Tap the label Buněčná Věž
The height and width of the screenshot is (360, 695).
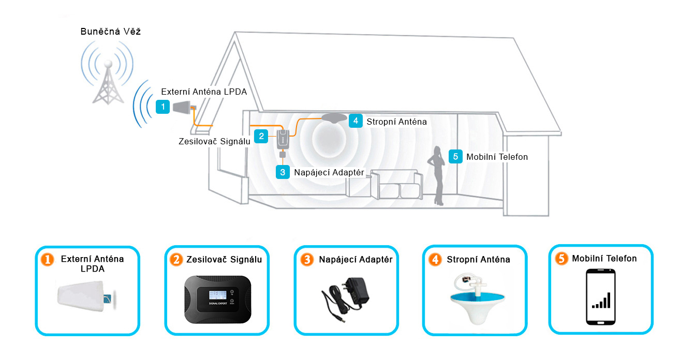[111, 32]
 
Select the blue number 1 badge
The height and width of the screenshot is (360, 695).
[163, 107]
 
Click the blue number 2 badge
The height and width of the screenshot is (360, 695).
[262, 136]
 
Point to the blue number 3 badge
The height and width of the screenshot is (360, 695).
[282, 172]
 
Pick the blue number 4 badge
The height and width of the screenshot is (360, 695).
[355, 121]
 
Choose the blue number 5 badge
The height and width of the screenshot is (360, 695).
[455, 156]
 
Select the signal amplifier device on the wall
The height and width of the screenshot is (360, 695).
[283, 139]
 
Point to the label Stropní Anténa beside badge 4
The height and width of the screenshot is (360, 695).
[396, 122]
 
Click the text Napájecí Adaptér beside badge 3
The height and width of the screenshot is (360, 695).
[329, 172]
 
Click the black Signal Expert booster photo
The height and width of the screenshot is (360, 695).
[217, 300]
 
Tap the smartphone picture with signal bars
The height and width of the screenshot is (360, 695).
[601, 297]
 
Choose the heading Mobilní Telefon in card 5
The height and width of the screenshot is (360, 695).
[604, 258]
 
